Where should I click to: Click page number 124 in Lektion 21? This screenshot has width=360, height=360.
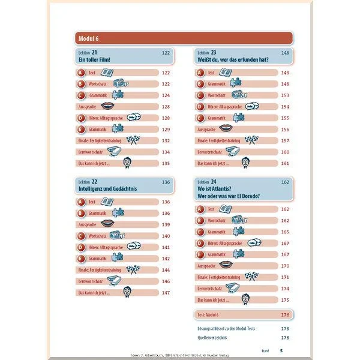[x=166, y=95]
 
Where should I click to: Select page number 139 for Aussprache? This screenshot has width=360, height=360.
[x=166, y=224]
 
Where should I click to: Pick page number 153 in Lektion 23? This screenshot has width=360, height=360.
[x=285, y=95]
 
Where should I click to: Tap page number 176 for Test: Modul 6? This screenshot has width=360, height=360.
[x=285, y=314]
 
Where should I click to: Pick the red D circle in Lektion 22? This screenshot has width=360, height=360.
[x=80, y=247]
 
